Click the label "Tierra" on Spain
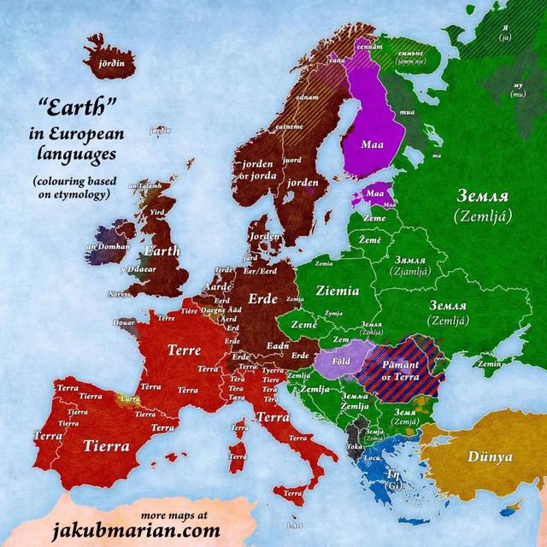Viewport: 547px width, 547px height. pos(107,445)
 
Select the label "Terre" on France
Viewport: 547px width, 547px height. pos(184,350)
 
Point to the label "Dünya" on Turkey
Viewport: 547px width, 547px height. pos(490,456)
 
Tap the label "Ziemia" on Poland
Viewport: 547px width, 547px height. pos(337,291)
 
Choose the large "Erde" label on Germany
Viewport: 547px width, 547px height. pos(262,299)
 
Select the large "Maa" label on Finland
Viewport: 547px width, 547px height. pos(372,144)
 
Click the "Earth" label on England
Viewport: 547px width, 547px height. pos(162,251)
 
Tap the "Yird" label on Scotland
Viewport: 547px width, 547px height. pos(156,211)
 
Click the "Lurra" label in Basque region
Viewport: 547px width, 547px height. pos(130,399)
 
